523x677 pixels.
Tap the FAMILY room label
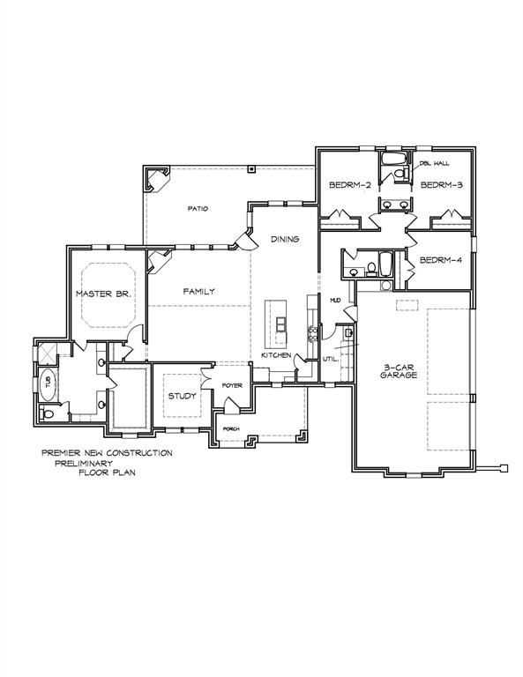199,291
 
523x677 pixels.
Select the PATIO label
196,209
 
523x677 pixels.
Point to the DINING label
285,239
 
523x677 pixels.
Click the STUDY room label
183,396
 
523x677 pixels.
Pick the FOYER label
232,385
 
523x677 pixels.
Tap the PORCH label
231,429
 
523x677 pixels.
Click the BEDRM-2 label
347,185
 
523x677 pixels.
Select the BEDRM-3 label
442,185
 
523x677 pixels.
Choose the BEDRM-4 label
442,260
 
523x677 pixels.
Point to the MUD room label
335,301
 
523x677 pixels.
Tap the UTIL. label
331,359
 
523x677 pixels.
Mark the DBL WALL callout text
434,164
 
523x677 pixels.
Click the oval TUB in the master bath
49,383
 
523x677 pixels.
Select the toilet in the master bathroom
49,413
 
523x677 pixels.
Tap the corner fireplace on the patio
157,181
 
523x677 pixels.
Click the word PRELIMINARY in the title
90,462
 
